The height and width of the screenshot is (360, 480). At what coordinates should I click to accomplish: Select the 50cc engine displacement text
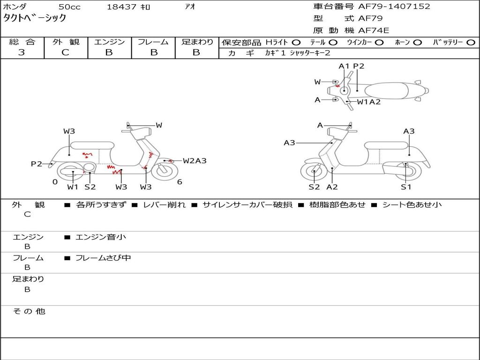pyautogui.click(x=69, y=7)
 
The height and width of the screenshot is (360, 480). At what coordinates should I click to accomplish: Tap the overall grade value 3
pyautogui.click(x=22, y=52)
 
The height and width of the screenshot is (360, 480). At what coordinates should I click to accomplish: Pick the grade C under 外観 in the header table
pyautogui.click(x=65, y=52)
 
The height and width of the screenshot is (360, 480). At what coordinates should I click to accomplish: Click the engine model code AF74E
pyautogui.click(x=374, y=30)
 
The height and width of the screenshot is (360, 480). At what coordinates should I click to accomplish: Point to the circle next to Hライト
pyautogui.click(x=296, y=43)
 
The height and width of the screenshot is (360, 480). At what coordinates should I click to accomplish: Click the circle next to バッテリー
pyautogui.click(x=471, y=43)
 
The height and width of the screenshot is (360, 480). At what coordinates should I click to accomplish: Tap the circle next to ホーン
pyautogui.click(x=418, y=43)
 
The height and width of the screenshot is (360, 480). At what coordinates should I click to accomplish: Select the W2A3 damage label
pyautogui.click(x=195, y=161)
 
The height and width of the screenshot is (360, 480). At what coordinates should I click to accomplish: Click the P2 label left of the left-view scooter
pyautogui.click(x=36, y=164)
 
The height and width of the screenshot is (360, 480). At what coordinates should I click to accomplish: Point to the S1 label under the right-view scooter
pyautogui.click(x=406, y=187)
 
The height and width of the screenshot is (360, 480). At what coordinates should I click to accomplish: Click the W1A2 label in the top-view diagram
pyautogui.click(x=369, y=102)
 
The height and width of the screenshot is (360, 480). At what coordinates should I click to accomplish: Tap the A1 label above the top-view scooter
pyautogui.click(x=345, y=66)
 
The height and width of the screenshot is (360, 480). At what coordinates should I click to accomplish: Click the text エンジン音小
pyautogui.click(x=101, y=237)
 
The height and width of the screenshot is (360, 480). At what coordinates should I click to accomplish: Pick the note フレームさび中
pyautogui.click(x=103, y=258)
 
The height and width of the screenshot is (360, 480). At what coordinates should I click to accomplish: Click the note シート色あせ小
pyautogui.click(x=412, y=205)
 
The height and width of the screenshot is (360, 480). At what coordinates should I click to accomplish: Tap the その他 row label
pyautogui.click(x=29, y=311)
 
